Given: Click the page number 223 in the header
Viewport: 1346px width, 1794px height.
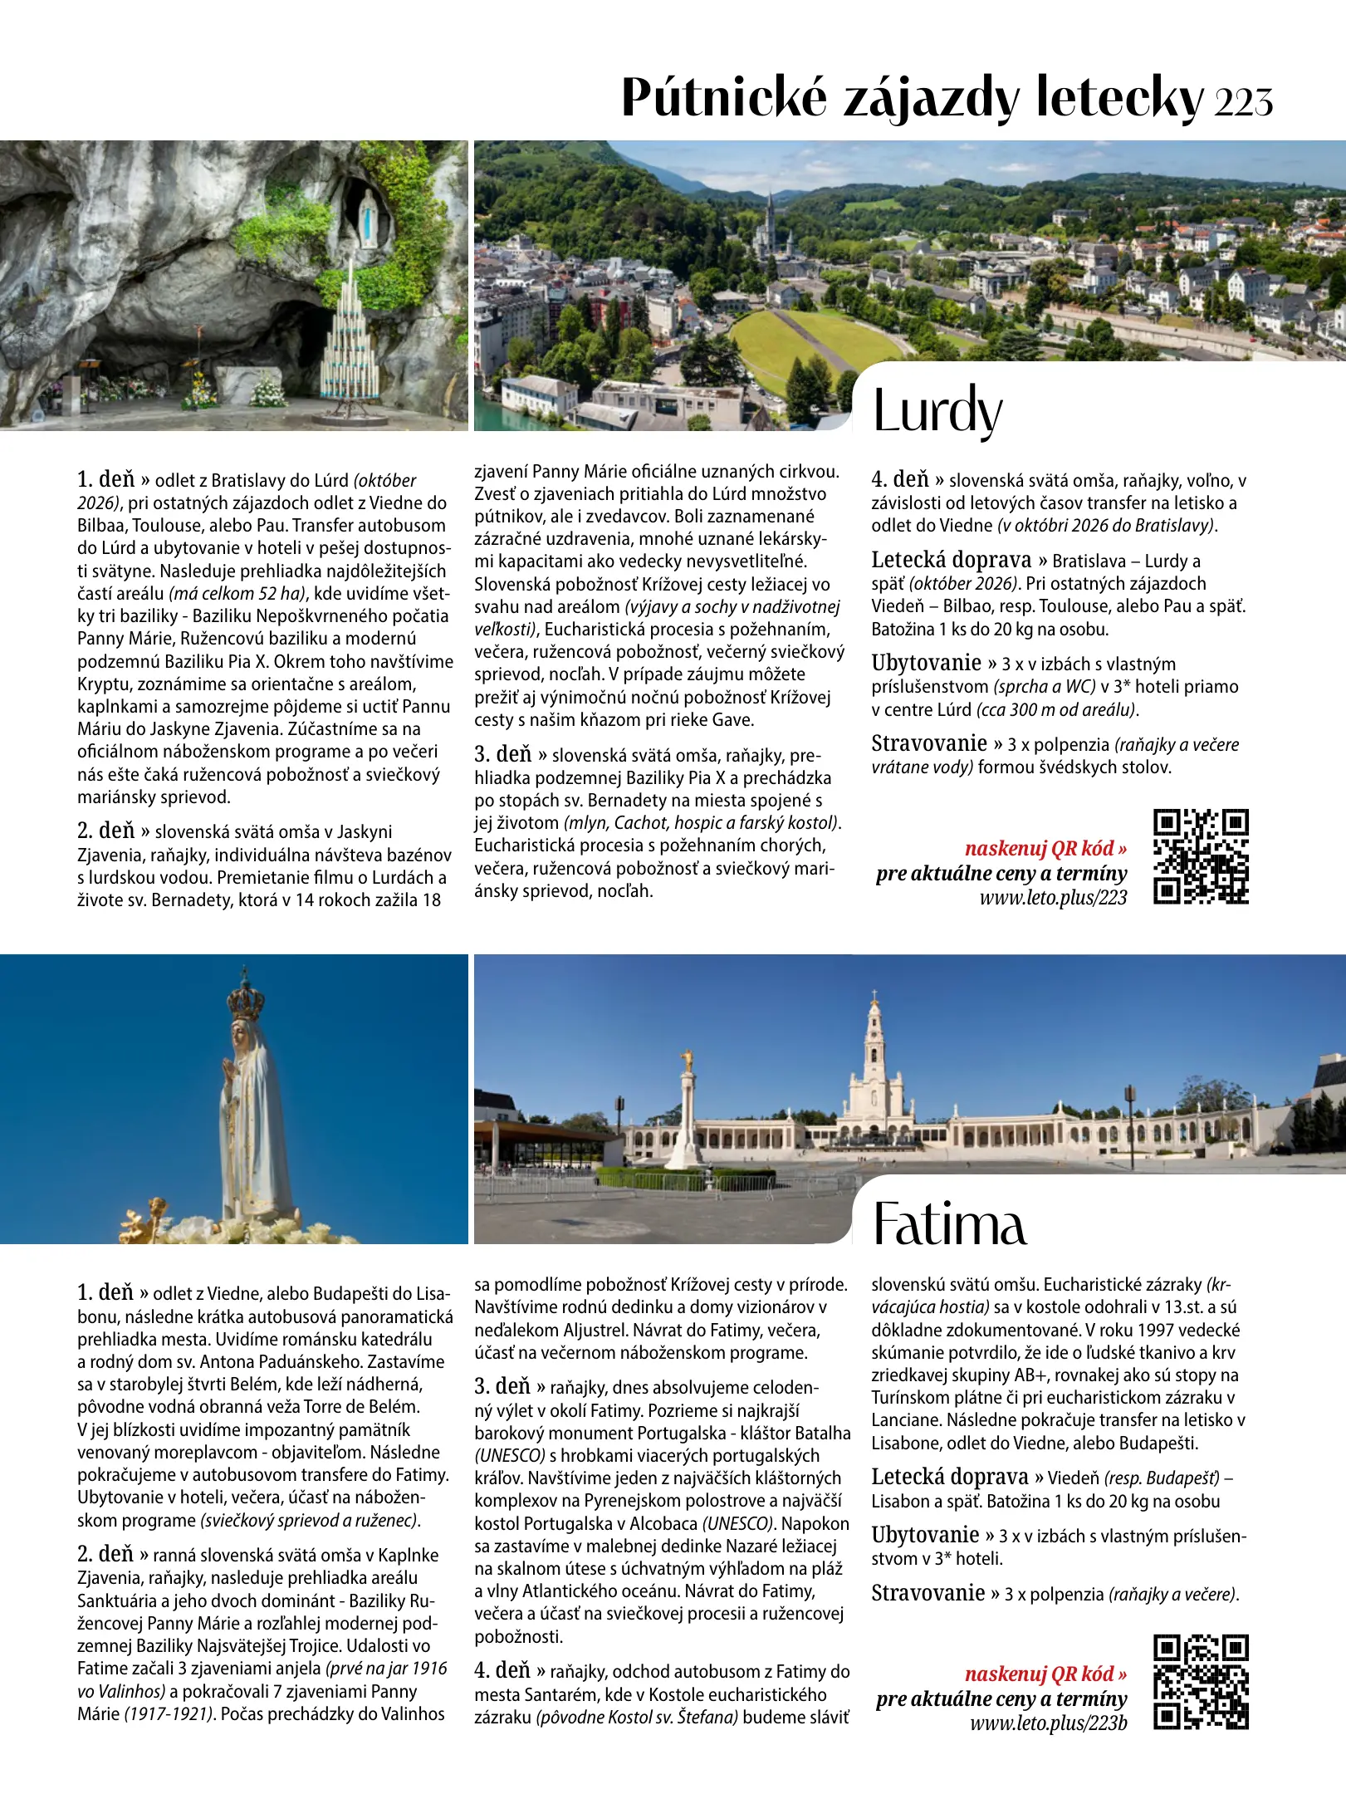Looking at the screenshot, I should (1243, 101).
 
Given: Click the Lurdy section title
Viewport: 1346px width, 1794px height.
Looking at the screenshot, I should (937, 411).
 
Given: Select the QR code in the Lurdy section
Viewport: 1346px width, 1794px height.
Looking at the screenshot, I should (1201, 856).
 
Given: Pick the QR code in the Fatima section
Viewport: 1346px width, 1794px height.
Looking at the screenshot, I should (1201, 1682).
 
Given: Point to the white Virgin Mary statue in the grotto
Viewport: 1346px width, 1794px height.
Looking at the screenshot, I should (367, 219).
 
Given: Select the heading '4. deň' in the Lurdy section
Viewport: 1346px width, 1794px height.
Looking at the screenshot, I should (900, 480).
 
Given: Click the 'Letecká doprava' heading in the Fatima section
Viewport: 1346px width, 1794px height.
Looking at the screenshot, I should (950, 1478).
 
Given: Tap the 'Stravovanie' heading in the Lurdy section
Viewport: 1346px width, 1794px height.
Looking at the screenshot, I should (928, 743).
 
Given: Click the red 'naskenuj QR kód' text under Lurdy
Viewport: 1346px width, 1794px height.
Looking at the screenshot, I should (1045, 848).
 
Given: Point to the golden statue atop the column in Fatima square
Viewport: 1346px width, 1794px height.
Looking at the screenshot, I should (687, 1060).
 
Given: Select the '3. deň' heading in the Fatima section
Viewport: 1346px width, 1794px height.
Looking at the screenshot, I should (502, 1386).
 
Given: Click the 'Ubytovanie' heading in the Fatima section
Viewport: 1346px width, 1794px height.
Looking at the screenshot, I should (925, 1535).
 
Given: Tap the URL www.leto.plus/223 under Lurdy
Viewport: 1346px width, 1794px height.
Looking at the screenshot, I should (1053, 897).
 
